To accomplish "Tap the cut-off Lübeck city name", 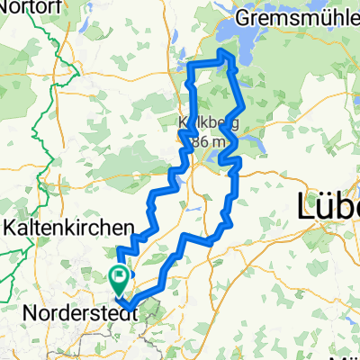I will (328, 207).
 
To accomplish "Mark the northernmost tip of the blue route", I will (221, 55).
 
